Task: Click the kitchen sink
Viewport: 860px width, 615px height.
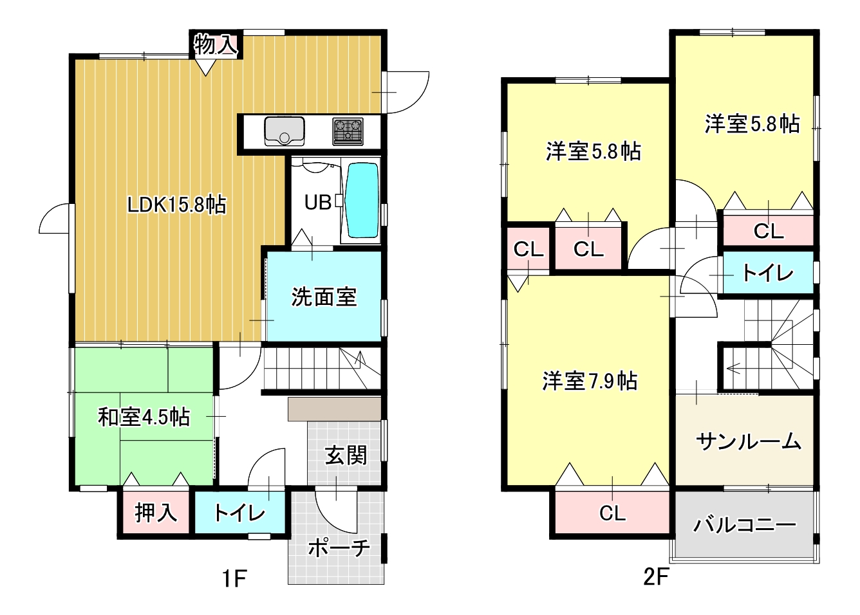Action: pos(285,131)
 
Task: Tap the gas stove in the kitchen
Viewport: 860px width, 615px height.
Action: pos(348,131)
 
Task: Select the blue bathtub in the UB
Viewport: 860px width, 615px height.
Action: pos(362,200)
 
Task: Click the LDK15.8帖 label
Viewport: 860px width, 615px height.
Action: pos(176,205)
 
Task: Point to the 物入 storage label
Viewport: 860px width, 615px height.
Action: pos(216,44)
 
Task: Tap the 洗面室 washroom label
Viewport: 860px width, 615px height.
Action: pos(324,297)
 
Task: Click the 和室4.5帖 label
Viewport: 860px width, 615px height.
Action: pos(144,417)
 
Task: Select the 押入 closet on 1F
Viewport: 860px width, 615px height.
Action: pos(156,513)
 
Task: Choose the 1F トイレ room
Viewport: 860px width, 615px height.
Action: pos(240,513)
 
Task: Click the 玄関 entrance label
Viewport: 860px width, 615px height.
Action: pos(346,455)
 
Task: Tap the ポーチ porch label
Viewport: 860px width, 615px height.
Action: pos(339,548)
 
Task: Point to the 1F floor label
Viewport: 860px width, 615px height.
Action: pos(234,579)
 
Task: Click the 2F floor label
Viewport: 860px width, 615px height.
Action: pos(656,577)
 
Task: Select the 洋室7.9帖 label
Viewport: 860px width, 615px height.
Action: pos(590,381)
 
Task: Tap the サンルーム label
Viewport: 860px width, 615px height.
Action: pos(748,441)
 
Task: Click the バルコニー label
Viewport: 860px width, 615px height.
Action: pos(744,525)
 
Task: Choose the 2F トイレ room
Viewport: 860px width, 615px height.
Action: pos(768,273)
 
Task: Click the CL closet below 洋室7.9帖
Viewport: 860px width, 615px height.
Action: pos(612,513)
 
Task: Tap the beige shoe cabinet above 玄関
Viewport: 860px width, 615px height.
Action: pos(334,409)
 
